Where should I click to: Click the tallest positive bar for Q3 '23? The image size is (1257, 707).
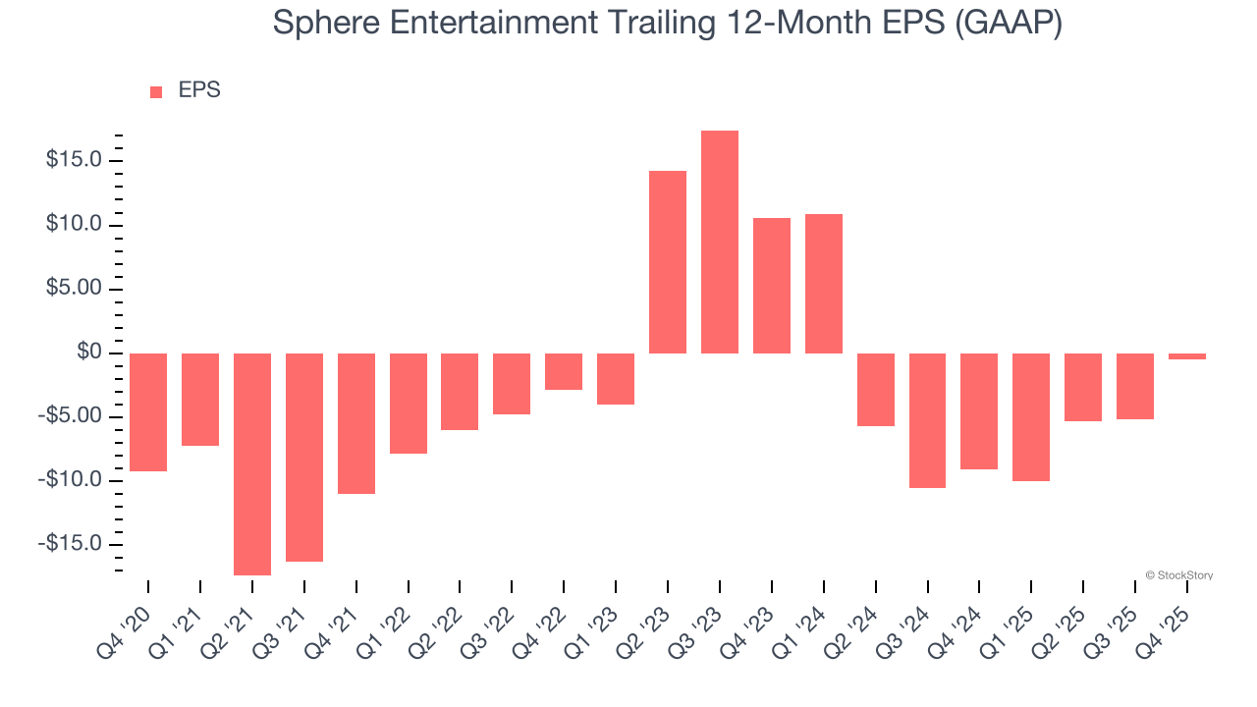click(x=720, y=242)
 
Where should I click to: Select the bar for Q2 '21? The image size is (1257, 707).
click(x=252, y=463)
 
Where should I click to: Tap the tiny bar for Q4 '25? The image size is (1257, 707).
click(x=1187, y=356)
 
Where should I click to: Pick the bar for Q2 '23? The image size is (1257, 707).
click(x=668, y=262)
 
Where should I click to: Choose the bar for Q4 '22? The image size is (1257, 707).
click(x=564, y=371)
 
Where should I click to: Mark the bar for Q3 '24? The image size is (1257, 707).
click(x=927, y=420)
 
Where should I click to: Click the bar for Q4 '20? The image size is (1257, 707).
click(x=148, y=411)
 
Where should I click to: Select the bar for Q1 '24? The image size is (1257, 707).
click(x=824, y=284)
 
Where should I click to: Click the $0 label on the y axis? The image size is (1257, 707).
click(x=91, y=353)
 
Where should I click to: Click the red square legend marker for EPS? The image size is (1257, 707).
click(x=156, y=92)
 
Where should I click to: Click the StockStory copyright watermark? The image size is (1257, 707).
click(x=1178, y=575)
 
